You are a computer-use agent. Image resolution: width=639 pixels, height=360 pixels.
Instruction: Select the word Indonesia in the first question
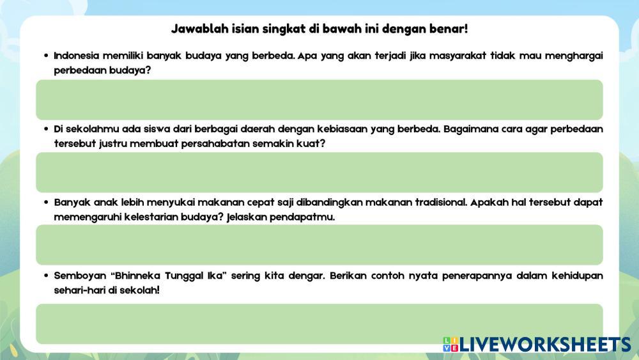tap(76, 56)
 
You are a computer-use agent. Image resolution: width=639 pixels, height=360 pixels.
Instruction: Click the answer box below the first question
tap(319, 100)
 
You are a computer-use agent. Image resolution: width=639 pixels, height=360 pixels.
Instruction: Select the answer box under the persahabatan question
tap(319, 173)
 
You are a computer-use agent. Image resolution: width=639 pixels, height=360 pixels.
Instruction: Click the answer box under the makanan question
tap(319, 245)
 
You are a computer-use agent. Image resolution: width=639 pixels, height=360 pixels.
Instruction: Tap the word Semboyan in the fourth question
tap(80, 276)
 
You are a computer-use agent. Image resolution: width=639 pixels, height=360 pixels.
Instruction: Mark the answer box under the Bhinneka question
tap(319, 324)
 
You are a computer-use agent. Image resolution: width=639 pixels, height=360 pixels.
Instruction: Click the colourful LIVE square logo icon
tap(450, 344)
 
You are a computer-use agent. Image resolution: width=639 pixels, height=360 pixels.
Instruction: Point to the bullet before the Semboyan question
tap(46, 276)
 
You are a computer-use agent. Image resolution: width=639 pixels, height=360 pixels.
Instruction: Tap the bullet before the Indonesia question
tap(46, 56)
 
